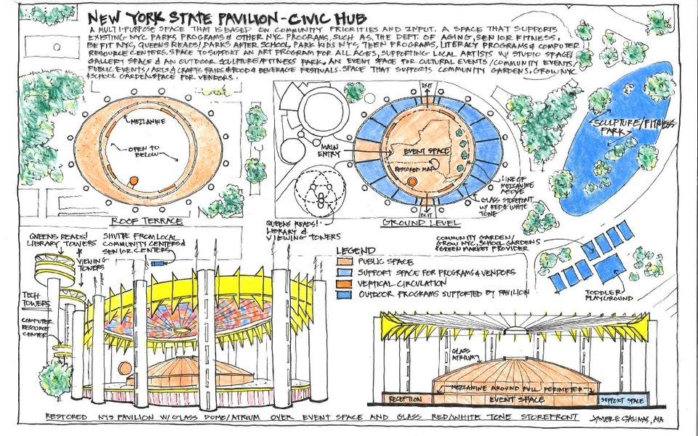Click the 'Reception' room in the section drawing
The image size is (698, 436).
[404, 400]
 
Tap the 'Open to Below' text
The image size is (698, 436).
[148, 153]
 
